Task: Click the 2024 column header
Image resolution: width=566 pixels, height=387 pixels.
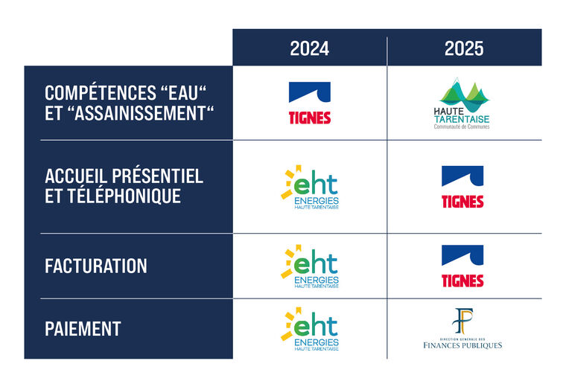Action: click(309, 48)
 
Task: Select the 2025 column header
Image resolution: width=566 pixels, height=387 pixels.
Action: click(464, 48)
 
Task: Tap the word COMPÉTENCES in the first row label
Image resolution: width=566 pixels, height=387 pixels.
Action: click(101, 92)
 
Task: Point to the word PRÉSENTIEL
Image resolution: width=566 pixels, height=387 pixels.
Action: click(157, 176)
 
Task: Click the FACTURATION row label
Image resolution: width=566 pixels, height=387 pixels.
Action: click(96, 266)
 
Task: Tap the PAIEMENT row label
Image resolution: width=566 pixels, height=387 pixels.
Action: click(83, 329)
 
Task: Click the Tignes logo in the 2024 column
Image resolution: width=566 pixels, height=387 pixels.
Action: click(310, 103)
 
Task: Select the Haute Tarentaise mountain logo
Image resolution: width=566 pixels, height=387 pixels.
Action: click(462, 103)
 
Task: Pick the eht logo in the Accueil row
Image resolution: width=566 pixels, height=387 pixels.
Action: click(310, 188)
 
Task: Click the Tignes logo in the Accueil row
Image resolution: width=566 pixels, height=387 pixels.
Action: click(462, 187)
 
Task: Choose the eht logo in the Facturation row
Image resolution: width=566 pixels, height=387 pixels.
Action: click(310, 266)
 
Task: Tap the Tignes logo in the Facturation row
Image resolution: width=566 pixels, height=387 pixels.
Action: click(462, 266)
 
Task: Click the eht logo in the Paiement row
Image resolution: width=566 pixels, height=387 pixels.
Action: click(310, 329)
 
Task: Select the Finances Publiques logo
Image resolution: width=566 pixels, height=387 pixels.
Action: click(462, 328)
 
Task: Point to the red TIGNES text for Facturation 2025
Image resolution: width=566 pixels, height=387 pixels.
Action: click(462, 281)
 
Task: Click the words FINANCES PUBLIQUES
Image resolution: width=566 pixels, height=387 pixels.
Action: click(462, 345)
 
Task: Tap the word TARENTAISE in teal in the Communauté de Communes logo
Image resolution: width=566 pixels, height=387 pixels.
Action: click(462, 119)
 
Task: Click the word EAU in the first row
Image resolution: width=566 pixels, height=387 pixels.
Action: click(184, 92)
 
